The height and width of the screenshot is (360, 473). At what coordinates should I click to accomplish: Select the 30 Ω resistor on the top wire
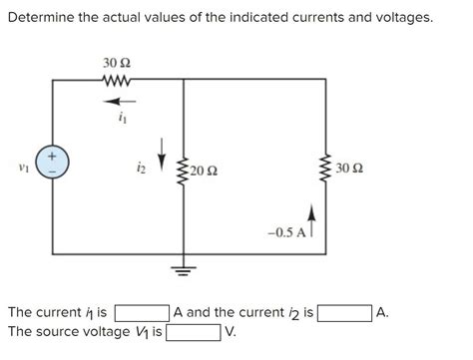point(117,82)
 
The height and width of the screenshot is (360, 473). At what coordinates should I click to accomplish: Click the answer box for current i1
point(142,313)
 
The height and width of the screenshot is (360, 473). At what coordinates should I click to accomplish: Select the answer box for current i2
point(345,313)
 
